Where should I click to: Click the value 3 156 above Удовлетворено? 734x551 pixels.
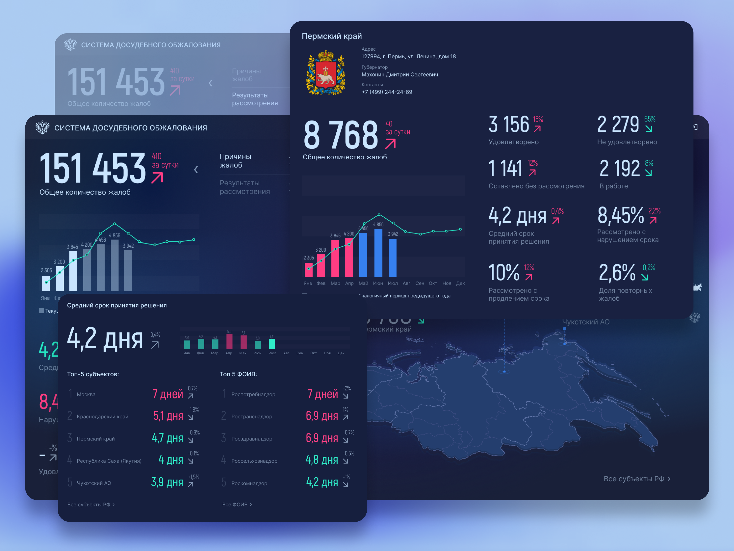[509, 125]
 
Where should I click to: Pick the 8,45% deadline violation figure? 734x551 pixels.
[620, 216]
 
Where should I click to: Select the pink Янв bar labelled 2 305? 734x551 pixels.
[308, 270]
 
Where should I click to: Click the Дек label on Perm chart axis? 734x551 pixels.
[460, 283]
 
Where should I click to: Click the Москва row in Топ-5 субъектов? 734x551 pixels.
[86, 394]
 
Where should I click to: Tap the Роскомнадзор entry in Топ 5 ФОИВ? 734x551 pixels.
[249, 483]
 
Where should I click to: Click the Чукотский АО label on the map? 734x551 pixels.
[586, 322]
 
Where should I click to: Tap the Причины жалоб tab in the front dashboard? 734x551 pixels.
[235, 161]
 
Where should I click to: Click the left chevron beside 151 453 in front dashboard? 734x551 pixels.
[196, 170]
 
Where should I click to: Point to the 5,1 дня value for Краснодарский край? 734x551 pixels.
[168, 416]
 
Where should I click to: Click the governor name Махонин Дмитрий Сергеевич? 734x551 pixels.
[399, 74]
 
